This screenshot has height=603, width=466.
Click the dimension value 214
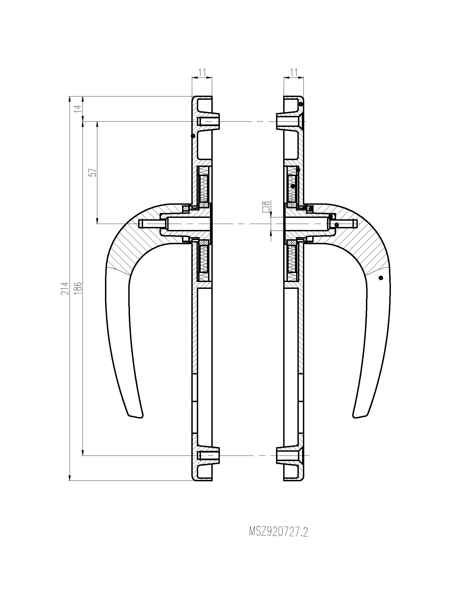64,288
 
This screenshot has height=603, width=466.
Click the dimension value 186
78,288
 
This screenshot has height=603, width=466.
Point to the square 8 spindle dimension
266,206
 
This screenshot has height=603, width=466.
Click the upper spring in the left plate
204,185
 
